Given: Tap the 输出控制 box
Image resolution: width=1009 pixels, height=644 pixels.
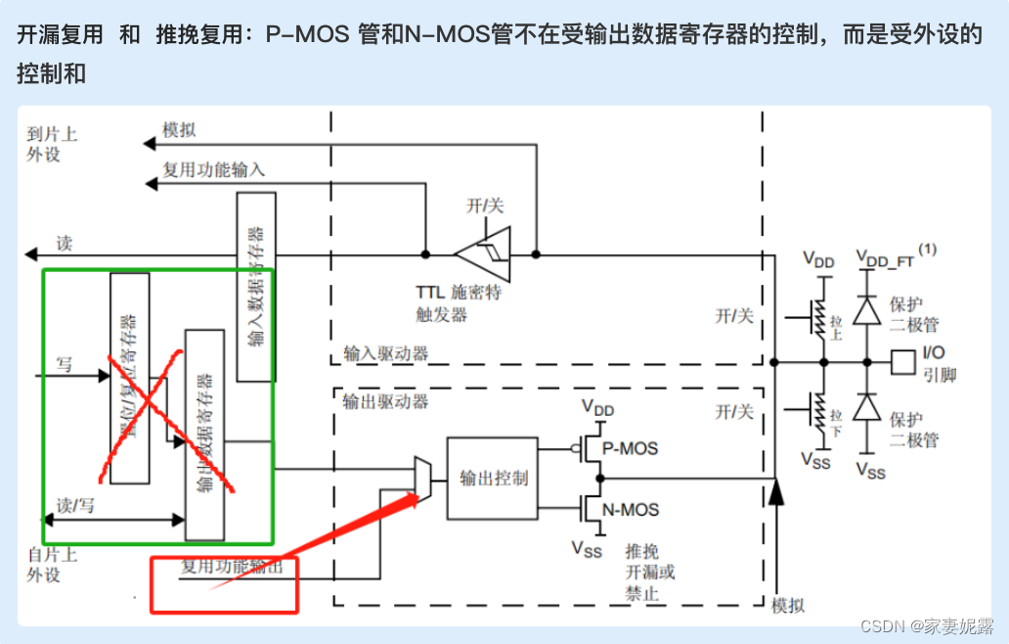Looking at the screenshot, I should pyautogui.click(x=494, y=478).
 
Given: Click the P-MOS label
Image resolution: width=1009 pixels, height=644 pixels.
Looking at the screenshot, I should pyautogui.click(x=630, y=449).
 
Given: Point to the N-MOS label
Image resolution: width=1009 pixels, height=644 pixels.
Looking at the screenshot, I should pyautogui.click(x=631, y=509).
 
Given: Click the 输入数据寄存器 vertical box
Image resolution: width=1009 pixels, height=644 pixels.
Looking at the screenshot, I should pyautogui.click(x=256, y=287).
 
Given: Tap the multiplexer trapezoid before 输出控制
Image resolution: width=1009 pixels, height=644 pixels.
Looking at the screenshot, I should pyautogui.click(x=422, y=479).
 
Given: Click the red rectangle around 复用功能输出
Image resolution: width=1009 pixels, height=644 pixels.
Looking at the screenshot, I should pyautogui.click(x=223, y=584).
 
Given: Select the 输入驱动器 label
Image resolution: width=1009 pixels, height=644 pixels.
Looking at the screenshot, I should pyautogui.click(x=385, y=353).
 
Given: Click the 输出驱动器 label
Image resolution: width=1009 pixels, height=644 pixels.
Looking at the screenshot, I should pyautogui.click(x=385, y=401).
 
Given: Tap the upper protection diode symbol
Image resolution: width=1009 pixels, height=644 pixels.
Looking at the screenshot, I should pyautogui.click(x=865, y=310).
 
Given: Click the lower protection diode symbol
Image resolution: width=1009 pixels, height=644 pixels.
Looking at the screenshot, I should pyautogui.click(x=865, y=406).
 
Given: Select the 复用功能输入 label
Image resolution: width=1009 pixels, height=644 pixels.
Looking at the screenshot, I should pyautogui.click(x=213, y=169).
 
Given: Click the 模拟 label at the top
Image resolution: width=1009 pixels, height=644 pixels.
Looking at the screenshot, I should pyautogui.click(x=179, y=130).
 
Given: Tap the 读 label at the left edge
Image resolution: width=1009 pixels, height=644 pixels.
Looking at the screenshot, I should pyautogui.click(x=64, y=243).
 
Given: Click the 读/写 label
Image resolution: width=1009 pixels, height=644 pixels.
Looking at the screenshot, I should pyautogui.click(x=75, y=505).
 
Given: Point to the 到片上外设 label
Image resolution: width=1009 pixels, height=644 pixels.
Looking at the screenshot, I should pyautogui.click(x=51, y=144).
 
